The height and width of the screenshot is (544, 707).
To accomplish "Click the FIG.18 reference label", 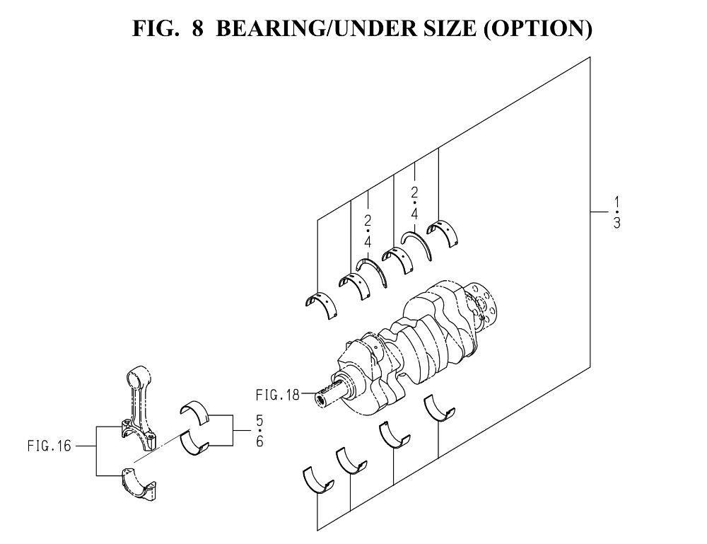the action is (x=277, y=395).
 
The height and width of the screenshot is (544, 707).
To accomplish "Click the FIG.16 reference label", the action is (x=49, y=446).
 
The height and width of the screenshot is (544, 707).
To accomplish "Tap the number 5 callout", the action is (x=259, y=420).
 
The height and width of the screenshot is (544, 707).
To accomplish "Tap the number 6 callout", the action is (x=259, y=441).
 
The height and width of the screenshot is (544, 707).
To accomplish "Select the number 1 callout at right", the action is (x=617, y=202).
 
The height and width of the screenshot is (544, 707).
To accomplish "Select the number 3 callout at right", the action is (x=617, y=223).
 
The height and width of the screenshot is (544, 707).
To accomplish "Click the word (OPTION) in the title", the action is (x=537, y=28).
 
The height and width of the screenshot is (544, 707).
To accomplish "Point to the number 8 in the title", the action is (x=197, y=28).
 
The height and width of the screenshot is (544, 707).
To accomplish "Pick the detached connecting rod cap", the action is (x=139, y=486).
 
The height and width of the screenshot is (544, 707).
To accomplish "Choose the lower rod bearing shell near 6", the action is (x=194, y=444).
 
